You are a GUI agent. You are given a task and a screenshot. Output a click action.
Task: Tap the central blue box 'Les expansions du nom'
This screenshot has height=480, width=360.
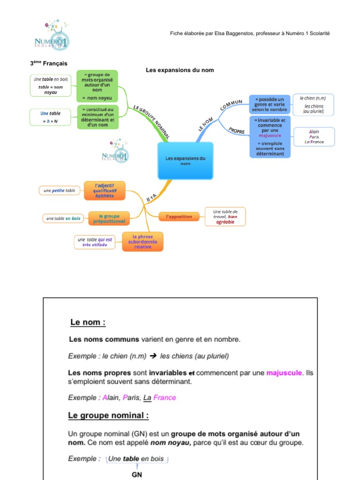coord(185,161)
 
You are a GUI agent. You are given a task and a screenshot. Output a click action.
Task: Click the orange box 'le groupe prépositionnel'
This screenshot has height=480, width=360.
coord(109,218)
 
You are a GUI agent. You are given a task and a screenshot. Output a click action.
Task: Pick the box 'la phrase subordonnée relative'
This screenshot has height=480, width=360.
coord(142,241)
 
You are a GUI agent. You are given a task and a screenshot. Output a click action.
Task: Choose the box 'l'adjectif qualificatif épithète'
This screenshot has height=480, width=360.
coord(105,190)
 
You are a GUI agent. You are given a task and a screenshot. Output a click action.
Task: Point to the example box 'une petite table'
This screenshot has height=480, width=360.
coord(60,191)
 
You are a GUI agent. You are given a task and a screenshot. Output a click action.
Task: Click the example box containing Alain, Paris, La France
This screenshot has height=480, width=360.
coord(314,137)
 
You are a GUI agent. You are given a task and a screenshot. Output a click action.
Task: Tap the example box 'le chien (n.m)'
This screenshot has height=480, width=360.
coord(314,105)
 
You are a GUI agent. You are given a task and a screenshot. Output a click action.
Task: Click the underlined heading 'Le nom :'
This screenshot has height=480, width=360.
coord(88,322)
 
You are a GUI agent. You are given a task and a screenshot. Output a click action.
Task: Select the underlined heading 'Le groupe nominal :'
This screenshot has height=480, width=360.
coord(108,415)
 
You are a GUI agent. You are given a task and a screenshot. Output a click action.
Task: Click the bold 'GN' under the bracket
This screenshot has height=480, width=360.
coord(136,474)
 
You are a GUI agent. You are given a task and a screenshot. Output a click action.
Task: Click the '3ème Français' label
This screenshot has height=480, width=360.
coord(49,63)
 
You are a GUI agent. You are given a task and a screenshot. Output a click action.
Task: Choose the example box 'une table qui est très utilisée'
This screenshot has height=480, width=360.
coord(94,242)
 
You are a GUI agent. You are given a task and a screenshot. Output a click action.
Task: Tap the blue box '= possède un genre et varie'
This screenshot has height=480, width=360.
coord(270,104)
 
